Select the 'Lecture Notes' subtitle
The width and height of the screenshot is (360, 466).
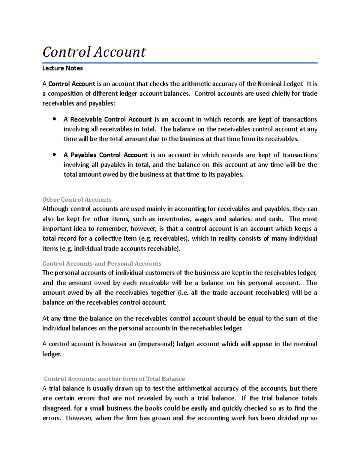click(62, 68)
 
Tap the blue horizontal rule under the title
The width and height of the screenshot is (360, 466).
click(180, 63)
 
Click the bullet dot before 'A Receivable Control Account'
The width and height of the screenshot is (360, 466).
click(54, 119)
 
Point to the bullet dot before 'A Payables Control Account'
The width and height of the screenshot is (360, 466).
click(54, 155)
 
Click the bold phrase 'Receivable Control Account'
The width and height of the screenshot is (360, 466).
click(111, 119)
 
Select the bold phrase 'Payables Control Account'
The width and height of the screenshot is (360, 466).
click(109, 155)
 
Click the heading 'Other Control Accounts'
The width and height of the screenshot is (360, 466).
click(77, 200)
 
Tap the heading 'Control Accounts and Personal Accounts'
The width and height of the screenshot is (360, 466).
click(102, 263)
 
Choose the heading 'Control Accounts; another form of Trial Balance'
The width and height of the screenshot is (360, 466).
click(114, 379)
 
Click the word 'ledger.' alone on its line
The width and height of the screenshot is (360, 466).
click(52, 354)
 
